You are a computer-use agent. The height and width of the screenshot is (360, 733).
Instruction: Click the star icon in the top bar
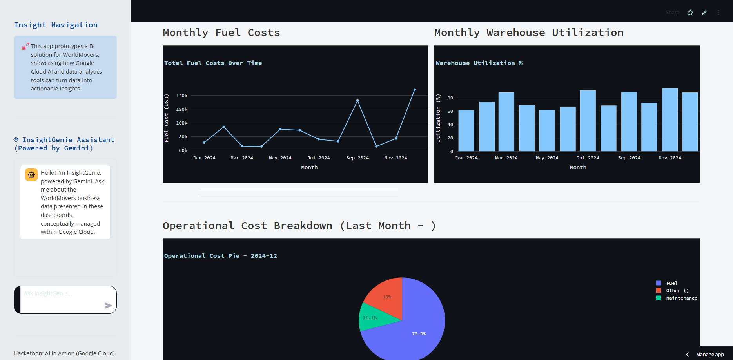pyautogui.click(x=690, y=13)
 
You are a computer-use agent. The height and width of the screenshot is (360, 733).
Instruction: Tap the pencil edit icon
pyautogui.click(x=704, y=13)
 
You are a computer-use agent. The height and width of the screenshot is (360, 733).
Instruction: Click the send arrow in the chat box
pyautogui.click(x=108, y=306)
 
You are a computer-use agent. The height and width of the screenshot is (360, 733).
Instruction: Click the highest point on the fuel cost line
pyautogui.click(x=415, y=90)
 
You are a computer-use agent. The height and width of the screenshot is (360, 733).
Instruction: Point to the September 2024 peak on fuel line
pyautogui.click(x=357, y=101)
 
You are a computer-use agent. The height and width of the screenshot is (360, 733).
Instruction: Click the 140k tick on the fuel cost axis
pyautogui.click(x=182, y=96)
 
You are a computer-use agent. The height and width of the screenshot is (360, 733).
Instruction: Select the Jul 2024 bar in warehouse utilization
pyautogui.click(x=588, y=121)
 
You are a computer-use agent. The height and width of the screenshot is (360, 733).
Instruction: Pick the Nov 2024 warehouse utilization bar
pyautogui.click(x=670, y=119)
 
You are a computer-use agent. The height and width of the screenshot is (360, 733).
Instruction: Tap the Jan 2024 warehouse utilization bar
pyautogui.click(x=466, y=130)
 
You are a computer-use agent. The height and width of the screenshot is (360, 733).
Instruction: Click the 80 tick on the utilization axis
pyautogui.click(x=450, y=98)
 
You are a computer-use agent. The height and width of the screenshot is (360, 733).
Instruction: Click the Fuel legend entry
pyautogui.click(x=671, y=283)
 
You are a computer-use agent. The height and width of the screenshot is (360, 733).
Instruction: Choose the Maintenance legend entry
pyautogui.click(x=681, y=298)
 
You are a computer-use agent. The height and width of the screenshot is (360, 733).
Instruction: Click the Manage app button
pyautogui.click(x=710, y=355)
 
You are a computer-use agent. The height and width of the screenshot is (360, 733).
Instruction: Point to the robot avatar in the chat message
pyautogui.click(x=31, y=175)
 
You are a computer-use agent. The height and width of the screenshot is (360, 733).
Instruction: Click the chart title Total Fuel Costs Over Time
pyautogui.click(x=213, y=63)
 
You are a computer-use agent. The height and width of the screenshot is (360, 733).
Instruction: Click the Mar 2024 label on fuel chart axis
pyautogui.click(x=242, y=158)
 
